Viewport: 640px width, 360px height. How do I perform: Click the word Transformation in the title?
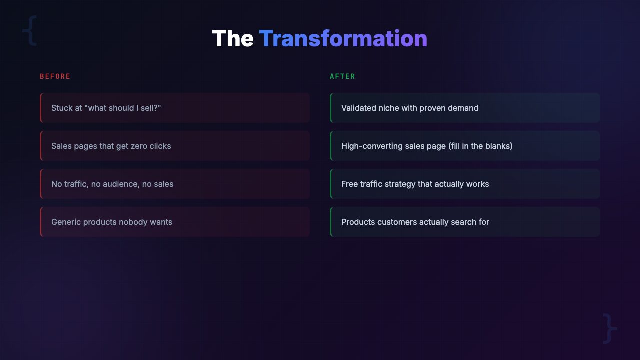click(x=343, y=39)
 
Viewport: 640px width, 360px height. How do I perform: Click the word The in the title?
click(x=233, y=39)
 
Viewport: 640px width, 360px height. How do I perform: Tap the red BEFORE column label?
click(x=55, y=76)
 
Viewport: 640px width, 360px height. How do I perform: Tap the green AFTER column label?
click(x=342, y=76)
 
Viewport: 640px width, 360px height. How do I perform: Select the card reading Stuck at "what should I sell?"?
click(x=175, y=108)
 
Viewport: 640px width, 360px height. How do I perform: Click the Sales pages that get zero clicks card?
click(x=175, y=146)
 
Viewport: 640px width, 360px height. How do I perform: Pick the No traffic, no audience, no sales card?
click(x=175, y=184)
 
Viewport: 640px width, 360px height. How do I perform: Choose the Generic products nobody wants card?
click(x=175, y=222)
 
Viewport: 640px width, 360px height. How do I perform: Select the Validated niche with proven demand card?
click(x=465, y=108)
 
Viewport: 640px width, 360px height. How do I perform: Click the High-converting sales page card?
click(x=465, y=146)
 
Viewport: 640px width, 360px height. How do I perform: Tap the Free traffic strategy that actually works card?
click(x=465, y=184)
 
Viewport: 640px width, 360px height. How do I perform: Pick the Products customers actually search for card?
click(x=465, y=222)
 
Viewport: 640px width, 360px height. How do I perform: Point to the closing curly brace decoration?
click(x=609, y=328)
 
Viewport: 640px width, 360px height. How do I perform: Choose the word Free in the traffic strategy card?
click(x=349, y=184)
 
